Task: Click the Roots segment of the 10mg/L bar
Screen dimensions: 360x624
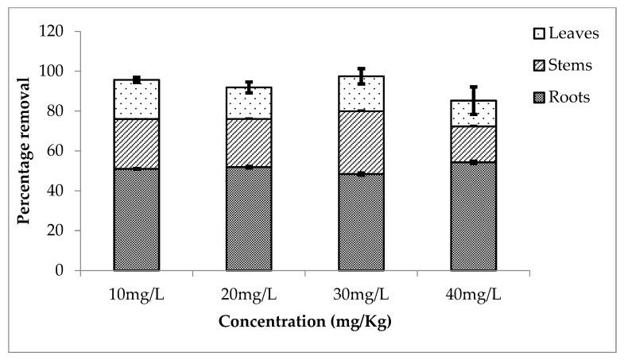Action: (x=136, y=219)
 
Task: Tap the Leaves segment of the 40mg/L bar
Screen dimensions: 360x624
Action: (x=474, y=113)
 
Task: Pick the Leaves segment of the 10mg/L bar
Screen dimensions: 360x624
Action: (x=136, y=99)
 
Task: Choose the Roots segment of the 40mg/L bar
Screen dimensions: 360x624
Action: (x=474, y=216)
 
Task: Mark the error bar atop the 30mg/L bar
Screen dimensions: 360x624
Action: (x=361, y=76)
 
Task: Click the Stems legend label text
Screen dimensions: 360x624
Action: (x=569, y=65)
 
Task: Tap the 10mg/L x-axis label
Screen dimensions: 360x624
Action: (x=136, y=296)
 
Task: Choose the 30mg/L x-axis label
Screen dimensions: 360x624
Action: (x=361, y=296)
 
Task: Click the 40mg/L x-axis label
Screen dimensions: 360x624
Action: (x=474, y=296)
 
